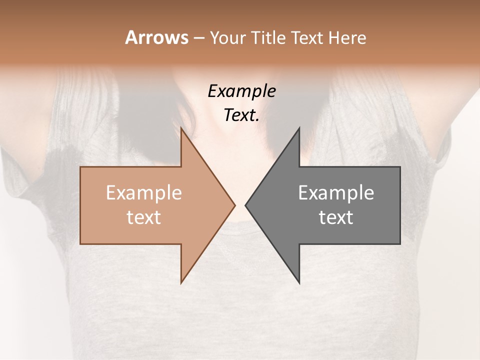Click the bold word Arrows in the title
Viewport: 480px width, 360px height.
[x=156, y=37]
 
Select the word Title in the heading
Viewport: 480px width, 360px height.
[x=271, y=37]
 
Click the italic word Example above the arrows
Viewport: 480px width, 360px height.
[x=241, y=91]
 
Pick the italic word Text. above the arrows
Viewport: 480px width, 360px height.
[x=241, y=115]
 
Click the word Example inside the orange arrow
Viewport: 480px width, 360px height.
[x=144, y=193]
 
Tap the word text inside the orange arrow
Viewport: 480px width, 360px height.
[x=144, y=217]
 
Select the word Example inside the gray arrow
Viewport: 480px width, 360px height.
[x=336, y=193]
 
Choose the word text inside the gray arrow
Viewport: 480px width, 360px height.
[x=336, y=217]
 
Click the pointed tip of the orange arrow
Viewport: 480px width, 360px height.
[x=234, y=205]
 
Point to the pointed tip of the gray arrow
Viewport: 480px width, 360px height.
[x=245, y=205]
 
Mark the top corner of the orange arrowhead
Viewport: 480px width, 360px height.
[x=181, y=128]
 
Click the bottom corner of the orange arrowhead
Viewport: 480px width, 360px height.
[x=181, y=283]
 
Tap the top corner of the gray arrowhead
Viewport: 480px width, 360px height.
[x=299, y=128]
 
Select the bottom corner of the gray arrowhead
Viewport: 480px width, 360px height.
[x=299, y=283]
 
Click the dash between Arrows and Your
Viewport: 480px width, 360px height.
[x=198, y=38]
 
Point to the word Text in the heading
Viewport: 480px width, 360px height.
[x=308, y=37]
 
